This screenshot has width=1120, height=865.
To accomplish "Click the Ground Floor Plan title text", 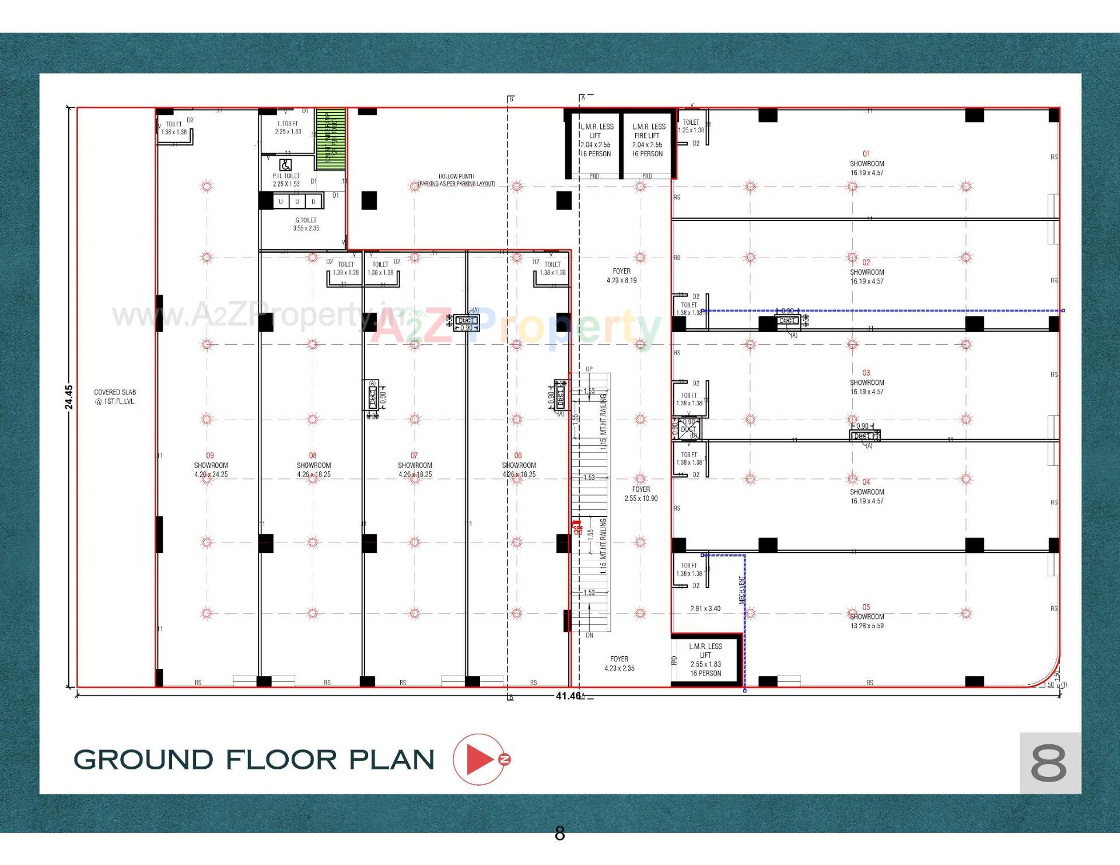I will point(254,759).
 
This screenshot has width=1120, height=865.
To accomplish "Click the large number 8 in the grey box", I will point(1048,763).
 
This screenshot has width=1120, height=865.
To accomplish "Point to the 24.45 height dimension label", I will point(69,397).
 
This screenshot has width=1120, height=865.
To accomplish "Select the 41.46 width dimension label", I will point(568,696).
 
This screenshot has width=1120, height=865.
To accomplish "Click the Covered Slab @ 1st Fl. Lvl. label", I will point(115,397).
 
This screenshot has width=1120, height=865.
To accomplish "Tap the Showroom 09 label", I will point(211,465).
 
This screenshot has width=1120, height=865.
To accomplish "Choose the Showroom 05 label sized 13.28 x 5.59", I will point(866,617).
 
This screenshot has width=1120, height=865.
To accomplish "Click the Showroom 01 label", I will point(866,163).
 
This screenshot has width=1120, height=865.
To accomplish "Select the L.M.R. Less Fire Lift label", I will point(647,140).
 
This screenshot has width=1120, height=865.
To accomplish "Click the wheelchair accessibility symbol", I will point(286,165).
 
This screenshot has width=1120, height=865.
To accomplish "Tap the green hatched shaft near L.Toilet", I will point(330,139).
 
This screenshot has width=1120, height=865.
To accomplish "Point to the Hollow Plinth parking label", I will point(457,180).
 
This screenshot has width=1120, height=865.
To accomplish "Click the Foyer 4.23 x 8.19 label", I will point(621,275).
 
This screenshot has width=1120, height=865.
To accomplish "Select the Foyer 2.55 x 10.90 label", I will point(640,493).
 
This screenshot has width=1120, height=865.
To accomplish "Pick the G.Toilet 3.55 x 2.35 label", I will point(306,224).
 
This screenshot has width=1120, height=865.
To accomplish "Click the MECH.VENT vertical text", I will point(742,589).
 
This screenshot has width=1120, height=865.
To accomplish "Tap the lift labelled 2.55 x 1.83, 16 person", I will point(705,660).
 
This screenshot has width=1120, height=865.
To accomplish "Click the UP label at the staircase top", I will point(589,369).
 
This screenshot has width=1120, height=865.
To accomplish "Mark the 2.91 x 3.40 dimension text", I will point(705,608).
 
